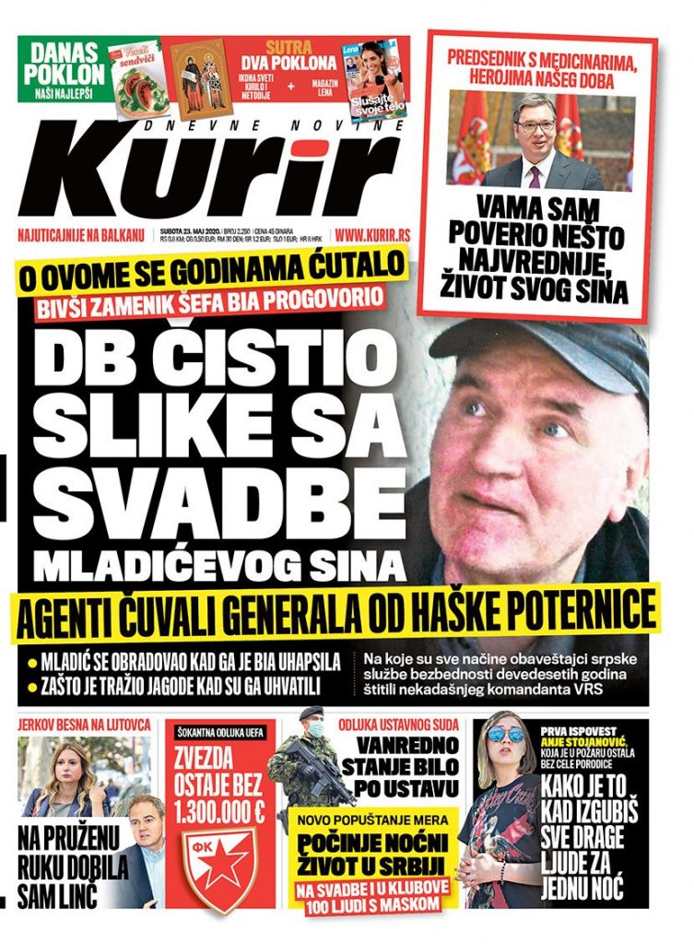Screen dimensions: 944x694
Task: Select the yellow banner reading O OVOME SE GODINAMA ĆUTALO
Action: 209,270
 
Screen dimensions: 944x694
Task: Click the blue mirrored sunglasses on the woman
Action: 506,735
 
